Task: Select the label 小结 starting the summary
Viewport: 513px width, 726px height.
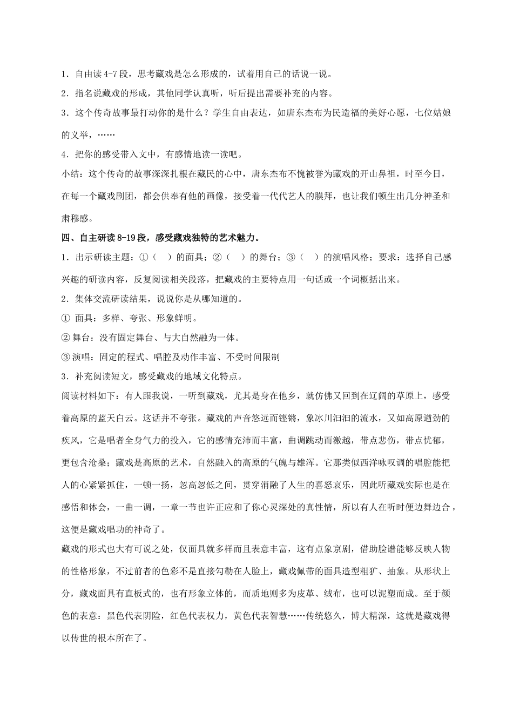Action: pyautogui.click(x=70, y=174)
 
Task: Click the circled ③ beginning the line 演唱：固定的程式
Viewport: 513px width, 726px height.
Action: pyautogui.click(x=66, y=357)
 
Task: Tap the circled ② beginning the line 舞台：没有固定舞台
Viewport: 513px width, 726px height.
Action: pyautogui.click(x=66, y=338)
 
